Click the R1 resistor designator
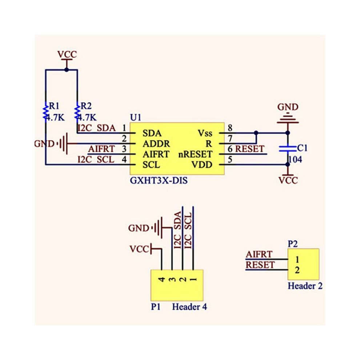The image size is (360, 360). coord(54,106)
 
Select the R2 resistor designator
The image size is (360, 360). coord(86,106)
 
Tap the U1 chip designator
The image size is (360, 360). coord(136,117)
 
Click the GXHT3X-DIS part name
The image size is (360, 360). coord(159,180)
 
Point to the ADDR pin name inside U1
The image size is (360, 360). coord(156,144)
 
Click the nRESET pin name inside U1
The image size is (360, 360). coord(195,154)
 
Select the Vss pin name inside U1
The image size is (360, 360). coord(205,133)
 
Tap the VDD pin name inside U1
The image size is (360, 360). coord(202,165)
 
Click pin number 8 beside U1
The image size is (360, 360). coord(230,128)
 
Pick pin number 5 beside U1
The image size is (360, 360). coord(230,159)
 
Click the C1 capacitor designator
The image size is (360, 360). coord(302,148)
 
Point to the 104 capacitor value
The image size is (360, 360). coord(295,159)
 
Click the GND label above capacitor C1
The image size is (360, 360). coord(288,107)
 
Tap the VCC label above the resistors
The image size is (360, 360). coord(67,55)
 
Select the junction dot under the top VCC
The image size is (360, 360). coord(67,69)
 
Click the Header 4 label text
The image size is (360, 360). coord(189,307)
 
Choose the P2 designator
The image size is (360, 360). coord(293,244)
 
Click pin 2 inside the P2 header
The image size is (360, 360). coord(297,270)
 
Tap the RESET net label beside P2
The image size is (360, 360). coord(260,265)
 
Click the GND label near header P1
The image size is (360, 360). coord(139,228)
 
